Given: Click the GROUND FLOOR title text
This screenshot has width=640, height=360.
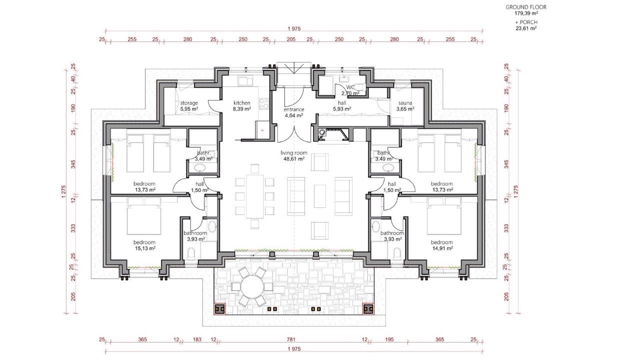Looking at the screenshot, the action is [525, 7].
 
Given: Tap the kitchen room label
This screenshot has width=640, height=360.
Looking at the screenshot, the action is [241, 103].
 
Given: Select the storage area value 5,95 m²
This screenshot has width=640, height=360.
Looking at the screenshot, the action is [189, 109].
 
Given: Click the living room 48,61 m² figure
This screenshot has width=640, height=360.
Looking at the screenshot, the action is [293, 158].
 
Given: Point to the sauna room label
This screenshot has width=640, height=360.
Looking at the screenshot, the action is [405, 103].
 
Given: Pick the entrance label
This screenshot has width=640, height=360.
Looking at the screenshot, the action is [293, 109].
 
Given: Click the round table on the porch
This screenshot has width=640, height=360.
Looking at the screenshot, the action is [252, 286].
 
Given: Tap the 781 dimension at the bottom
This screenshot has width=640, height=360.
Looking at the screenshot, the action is [291, 339].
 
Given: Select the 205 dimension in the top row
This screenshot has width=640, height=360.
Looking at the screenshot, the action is [291, 39].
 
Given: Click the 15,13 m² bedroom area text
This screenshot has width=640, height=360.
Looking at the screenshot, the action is [145, 248].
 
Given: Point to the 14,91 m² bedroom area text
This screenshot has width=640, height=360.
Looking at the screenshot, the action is [442, 248].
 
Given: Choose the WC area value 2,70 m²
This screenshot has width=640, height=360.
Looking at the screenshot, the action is [350, 93].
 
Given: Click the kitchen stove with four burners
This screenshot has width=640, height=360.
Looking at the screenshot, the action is [263, 103].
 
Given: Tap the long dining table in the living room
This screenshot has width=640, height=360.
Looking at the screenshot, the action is [255, 196].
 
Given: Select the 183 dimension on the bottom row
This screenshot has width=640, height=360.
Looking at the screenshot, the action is [197, 339].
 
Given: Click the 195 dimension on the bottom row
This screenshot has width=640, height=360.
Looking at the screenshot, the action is [389, 339].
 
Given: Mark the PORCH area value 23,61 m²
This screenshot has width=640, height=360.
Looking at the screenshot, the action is [525, 28].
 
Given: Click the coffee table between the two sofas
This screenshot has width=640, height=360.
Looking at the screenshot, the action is [319, 196].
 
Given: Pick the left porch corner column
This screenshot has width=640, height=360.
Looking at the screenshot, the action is [220, 308].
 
